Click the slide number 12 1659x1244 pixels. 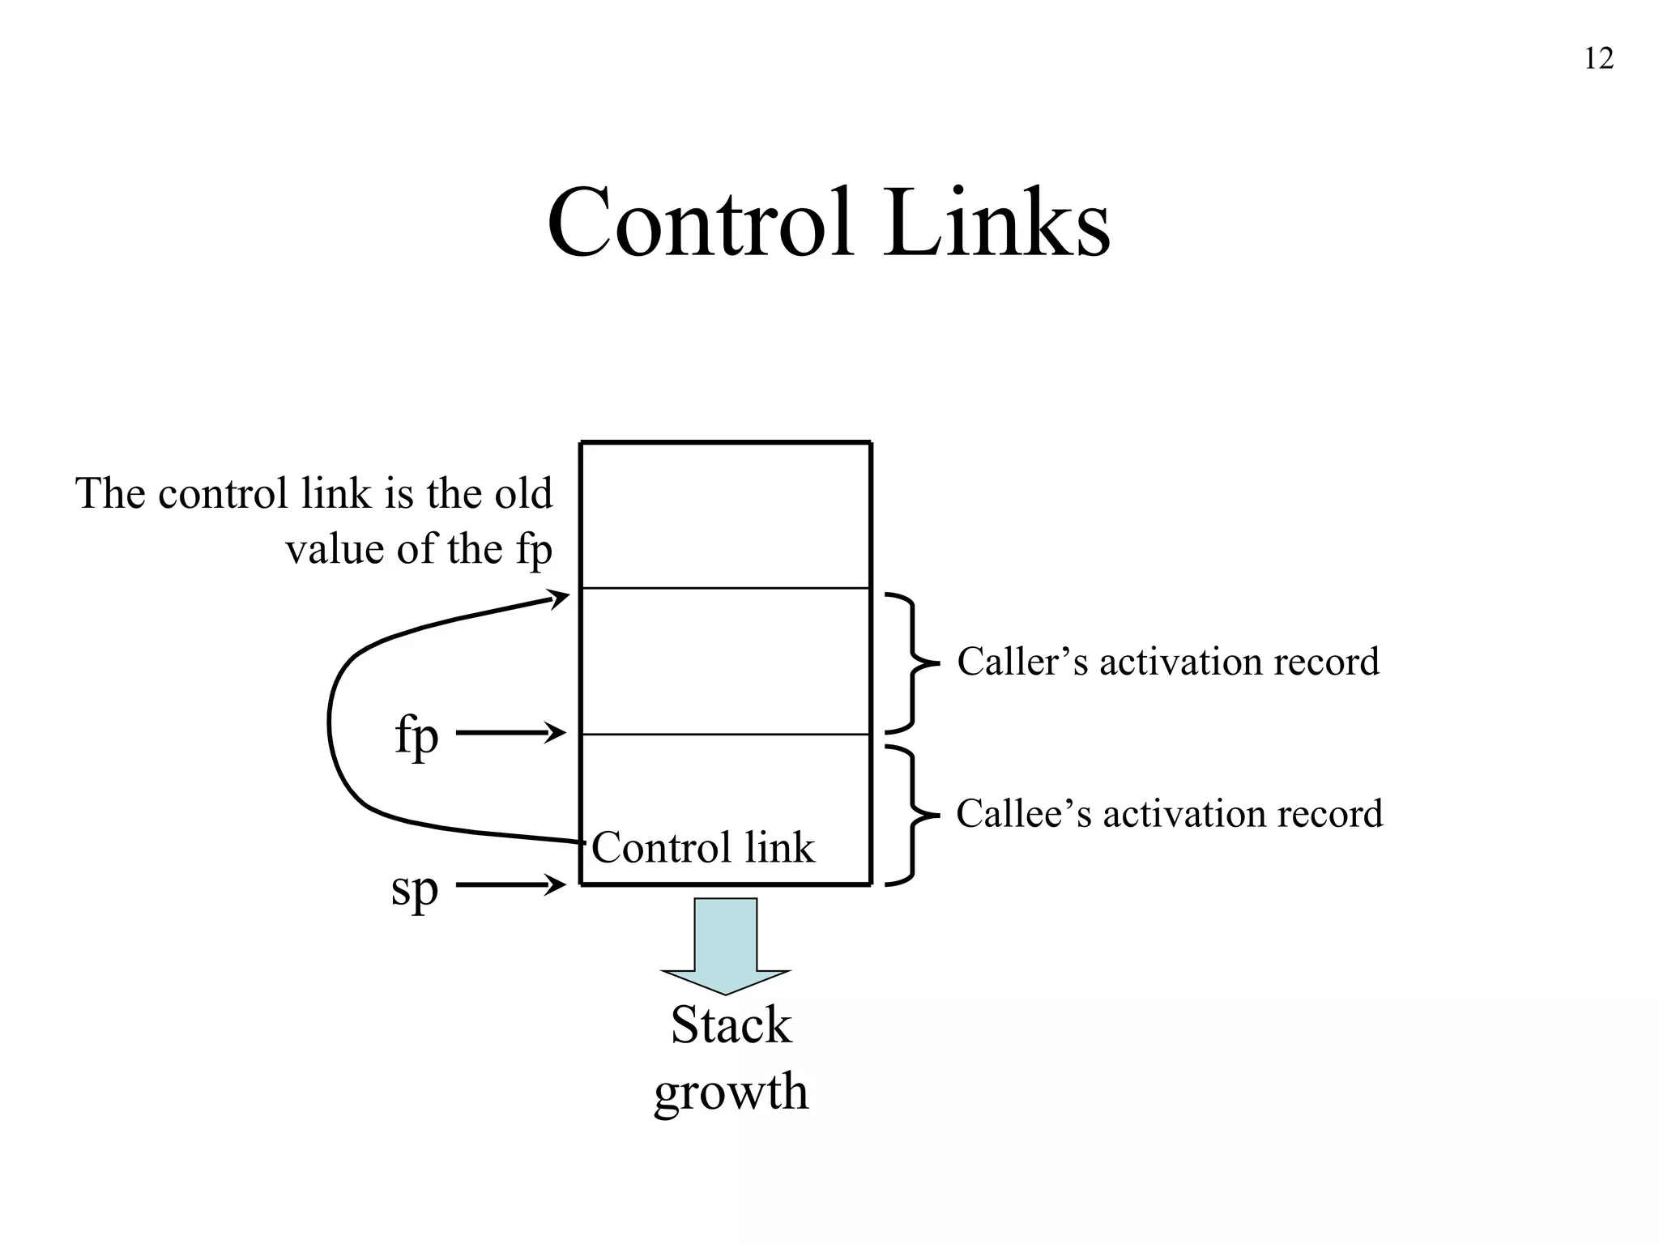pyautogui.click(x=1598, y=59)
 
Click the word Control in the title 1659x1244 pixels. pyautogui.click(x=701, y=223)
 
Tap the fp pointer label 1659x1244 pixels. pyautogui.click(x=416, y=735)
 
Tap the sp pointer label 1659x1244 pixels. pyautogui.click(x=414, y=889)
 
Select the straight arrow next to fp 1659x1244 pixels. pyautogui.click(x=510, y=734)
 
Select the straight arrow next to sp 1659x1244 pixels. pyautogui.click(x=510, y=885)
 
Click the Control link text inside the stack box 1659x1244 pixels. pyautogui.click(x=702, y=848)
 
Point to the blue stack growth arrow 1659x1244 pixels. pyautogui.click(x=726, y=944)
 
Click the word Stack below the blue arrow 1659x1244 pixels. pyautogui.click(x=731, y=1025)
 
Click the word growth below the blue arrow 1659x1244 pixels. pyautogui.click(x=731, y=1092)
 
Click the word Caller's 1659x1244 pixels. pyautogui.click(x=1022, y=662)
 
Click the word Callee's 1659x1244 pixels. pyautogui.click(x=1024, y=814)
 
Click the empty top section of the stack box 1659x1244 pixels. pyautogui.click(x=726, y=515)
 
